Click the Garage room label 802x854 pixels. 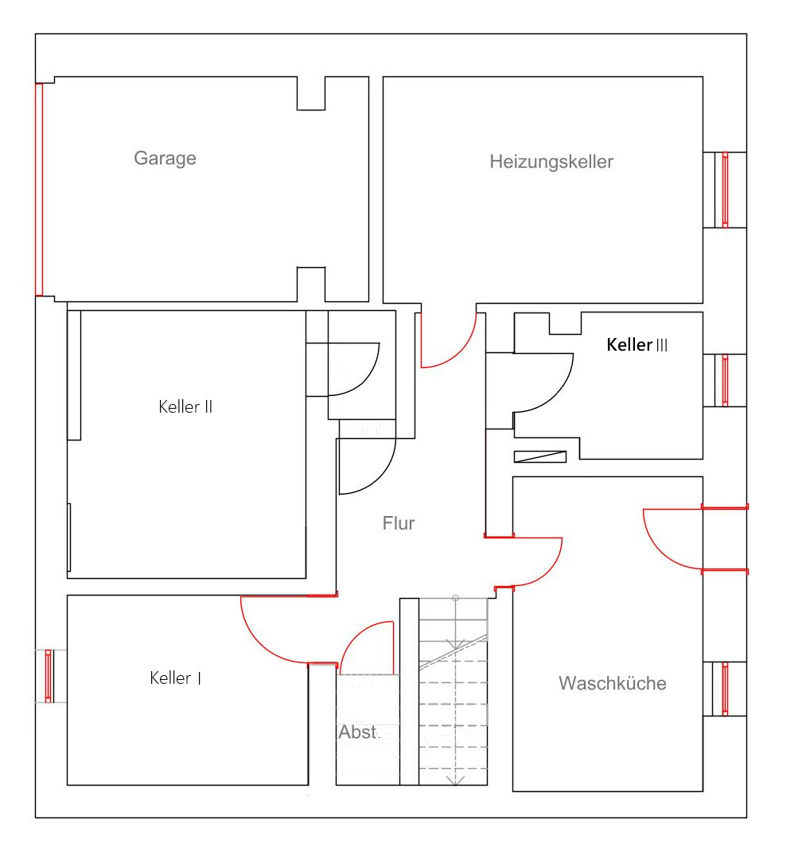tap(165, 158)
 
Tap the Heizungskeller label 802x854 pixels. tap(551, 161)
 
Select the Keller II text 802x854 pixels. tap(185, 407)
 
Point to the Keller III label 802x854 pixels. tap(637, 345)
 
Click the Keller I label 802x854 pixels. tap(175, 678)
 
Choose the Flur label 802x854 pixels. tap(399, 523)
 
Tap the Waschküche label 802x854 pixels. tap(613, 683)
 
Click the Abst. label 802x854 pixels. tap(360, 732)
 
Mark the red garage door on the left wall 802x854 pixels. tap(39, 189)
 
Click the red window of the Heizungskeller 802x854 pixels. tap(725, 189)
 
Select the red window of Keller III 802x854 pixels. tap(725, 380)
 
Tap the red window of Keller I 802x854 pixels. tap(48, 676)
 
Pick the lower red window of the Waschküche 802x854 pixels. tap(725, 689)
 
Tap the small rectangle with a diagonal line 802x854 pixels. tap(540, 457)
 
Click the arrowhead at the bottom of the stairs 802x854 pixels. tap(455, 782)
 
